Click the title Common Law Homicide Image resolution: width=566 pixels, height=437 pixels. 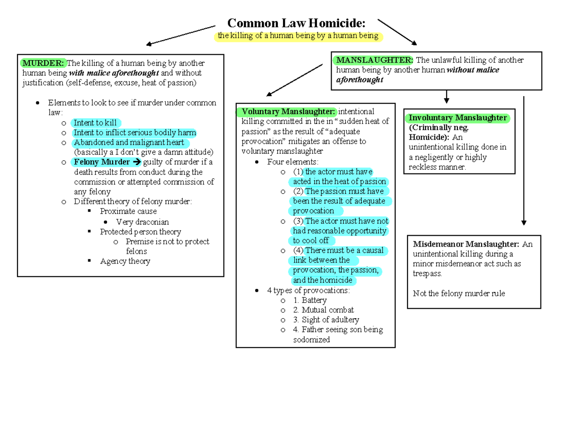click(296, 23)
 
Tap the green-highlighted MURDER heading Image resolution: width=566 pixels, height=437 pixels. click(43, 63)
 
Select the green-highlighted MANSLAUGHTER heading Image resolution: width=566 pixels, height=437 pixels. click(374, 60)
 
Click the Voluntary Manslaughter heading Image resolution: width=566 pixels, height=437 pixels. click(288, 112)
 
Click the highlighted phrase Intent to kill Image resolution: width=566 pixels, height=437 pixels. click(95, 123)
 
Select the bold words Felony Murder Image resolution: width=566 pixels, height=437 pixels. click(101, 162)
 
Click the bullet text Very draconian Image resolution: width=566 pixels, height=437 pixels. click(142, 222)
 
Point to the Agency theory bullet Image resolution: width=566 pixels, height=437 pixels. click(125, 261)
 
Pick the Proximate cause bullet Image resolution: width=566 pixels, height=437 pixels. click(128, 211)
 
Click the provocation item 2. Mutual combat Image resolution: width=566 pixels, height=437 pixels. click(323, 310)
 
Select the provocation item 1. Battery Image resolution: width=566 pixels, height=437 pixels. click(309, 300)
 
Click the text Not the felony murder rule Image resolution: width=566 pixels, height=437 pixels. click(459, 293)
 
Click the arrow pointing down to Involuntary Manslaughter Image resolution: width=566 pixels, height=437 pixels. click(446, 97)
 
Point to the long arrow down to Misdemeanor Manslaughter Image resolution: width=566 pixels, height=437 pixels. click(524, 160)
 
